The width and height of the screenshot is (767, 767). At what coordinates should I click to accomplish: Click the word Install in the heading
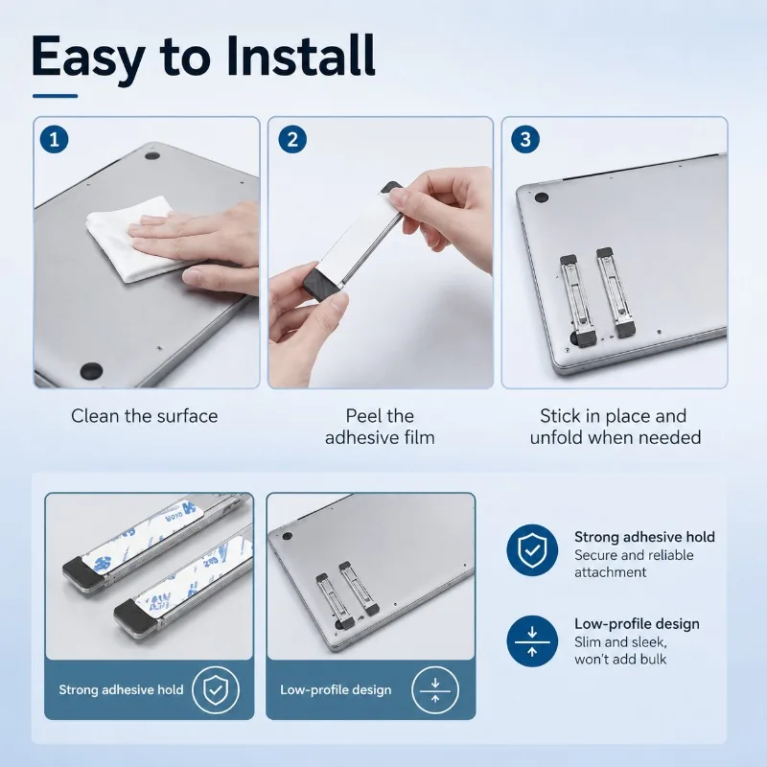point(301,57)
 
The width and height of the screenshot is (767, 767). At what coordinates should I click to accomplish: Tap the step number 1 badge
point(55,139)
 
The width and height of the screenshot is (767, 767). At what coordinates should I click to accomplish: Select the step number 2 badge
point(292,139)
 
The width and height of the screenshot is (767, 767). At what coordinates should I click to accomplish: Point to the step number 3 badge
point(525,139)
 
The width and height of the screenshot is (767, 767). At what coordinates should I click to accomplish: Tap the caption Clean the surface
point(145,416)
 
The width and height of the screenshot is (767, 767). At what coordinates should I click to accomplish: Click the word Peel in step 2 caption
point(362,416)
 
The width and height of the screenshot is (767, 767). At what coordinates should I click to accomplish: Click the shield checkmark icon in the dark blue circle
point(532,550)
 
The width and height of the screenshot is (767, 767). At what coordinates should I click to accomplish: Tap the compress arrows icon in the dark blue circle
point(532,641)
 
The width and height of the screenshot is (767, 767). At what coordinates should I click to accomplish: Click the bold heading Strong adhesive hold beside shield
point(644,537)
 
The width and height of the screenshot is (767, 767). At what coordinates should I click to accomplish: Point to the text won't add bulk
point(620,660)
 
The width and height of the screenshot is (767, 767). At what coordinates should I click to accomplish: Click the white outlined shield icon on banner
point(216,689)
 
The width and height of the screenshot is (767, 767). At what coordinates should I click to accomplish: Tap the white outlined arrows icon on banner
point(435,689)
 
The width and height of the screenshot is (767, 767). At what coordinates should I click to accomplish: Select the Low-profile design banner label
point(336,689)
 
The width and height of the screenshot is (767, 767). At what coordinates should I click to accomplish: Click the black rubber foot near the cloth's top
point(152,156)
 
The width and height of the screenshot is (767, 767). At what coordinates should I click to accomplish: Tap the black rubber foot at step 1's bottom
point(91,370)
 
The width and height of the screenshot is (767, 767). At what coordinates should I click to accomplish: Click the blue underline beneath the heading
point(56,96)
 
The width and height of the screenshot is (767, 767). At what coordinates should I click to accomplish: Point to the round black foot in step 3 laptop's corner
point(541,198)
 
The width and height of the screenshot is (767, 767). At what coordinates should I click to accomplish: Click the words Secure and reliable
point(634,555)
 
